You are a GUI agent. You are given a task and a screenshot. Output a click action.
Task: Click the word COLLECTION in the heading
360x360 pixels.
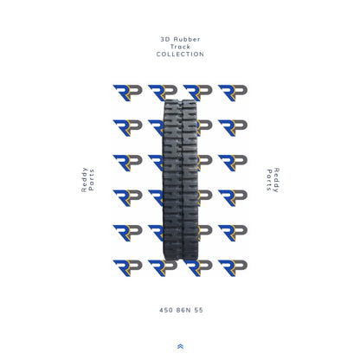click(x=180, y=55)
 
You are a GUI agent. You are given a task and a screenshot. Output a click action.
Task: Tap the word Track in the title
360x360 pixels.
click(x=180, y=47)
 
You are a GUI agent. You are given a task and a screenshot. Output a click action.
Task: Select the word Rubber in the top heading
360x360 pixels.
click(x=185, y=39)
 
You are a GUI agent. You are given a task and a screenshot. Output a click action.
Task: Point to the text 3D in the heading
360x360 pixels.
click(x=165, y=39)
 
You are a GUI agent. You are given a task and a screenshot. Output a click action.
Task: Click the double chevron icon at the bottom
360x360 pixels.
click(x=180, y=346)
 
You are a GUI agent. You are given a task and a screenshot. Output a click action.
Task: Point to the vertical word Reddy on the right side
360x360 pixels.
click(x=276, y=180)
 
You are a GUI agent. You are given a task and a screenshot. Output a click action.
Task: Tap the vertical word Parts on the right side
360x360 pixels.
click(x=268, y=181)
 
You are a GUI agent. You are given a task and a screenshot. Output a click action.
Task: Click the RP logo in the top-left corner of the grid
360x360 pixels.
click(x=126, y=93)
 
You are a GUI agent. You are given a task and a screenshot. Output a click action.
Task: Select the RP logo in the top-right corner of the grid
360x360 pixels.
click(x=232, y=93)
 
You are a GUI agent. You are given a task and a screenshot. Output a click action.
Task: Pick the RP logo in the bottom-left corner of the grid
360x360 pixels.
click(x=126, y=267)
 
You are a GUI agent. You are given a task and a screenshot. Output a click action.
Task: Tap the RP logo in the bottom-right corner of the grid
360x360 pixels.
click(x=232, y=267)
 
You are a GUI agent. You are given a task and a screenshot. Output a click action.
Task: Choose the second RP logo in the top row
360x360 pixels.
click(x=161, y=93)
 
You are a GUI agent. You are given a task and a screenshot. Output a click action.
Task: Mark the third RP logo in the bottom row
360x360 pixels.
click(x=197, y=267)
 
